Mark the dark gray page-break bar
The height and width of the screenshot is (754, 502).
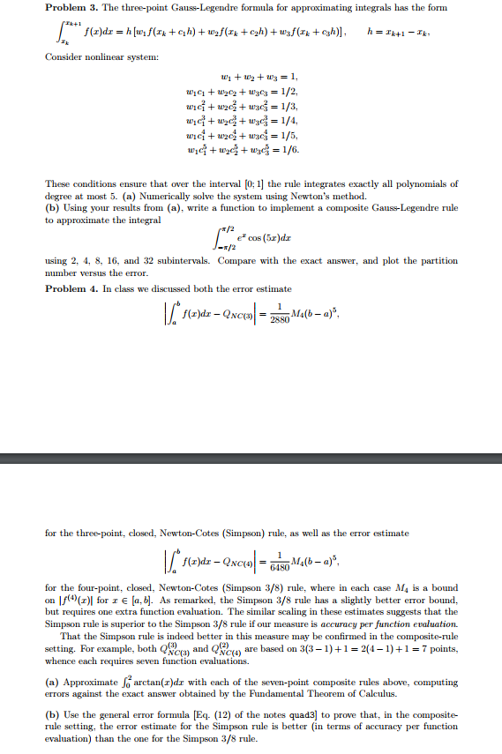(251, 459)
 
